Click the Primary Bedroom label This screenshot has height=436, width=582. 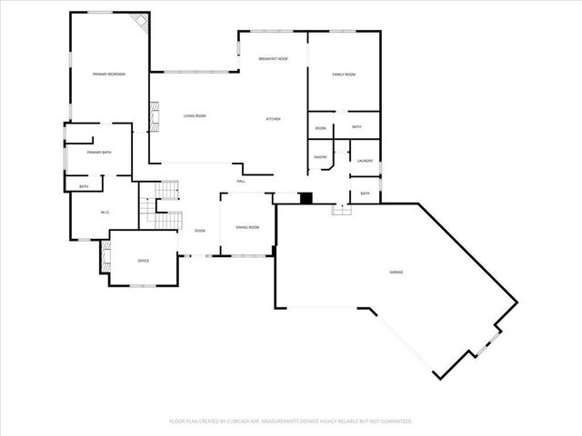click(x=108, y=74)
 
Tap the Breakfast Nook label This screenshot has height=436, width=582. click(x=273, y=58)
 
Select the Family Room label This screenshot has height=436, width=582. click(x=343, y=74)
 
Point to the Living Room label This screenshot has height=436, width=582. click(x=195, y=116)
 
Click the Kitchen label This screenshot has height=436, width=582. click(x=273, y=119)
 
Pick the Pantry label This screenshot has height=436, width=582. click(x=320, y=157)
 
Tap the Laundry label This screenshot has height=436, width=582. click(x=365, y=161)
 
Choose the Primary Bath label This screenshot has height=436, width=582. click(x=99, y=153)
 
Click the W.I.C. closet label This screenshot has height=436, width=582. click(x=104, y=213)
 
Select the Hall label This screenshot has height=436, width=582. click(x=241, y=182)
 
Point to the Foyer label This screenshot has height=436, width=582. click(x=199, y=231)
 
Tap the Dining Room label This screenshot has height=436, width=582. click(x=247, y=227)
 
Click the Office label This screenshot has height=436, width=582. click(x=143, y=262)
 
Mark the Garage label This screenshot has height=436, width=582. click(x=396, y=272)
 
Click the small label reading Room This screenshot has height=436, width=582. click(x=320, y=128)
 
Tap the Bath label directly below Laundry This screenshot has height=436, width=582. click(x=365, y=193)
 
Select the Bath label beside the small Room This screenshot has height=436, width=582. click(x=356, y=127)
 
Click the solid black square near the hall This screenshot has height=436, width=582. click(x=306, y=198)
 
